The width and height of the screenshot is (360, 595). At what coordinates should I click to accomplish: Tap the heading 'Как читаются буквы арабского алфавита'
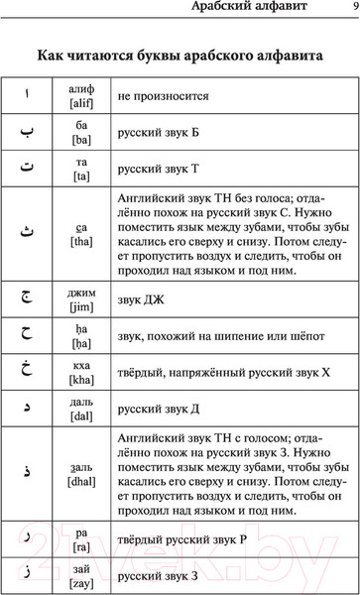tap(180, 56)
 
